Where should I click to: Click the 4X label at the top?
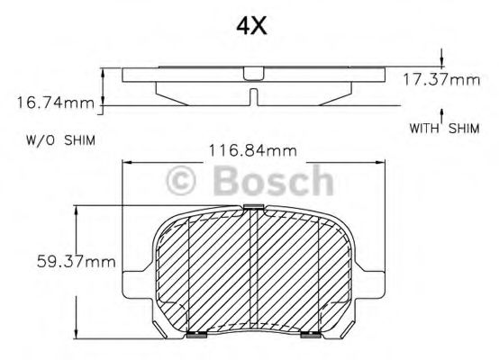point(251,26)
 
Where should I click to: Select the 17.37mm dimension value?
point(441,79)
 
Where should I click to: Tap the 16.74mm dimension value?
point(55,103)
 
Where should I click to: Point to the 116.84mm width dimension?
point(253,150)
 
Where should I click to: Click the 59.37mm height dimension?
point(76,262)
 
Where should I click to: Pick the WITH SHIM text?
point(444,129)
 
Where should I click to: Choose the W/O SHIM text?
point(60,140)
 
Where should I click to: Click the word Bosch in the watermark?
point(273,180)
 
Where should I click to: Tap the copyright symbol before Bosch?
point(181,180)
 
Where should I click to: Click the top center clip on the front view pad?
point(253,207)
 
